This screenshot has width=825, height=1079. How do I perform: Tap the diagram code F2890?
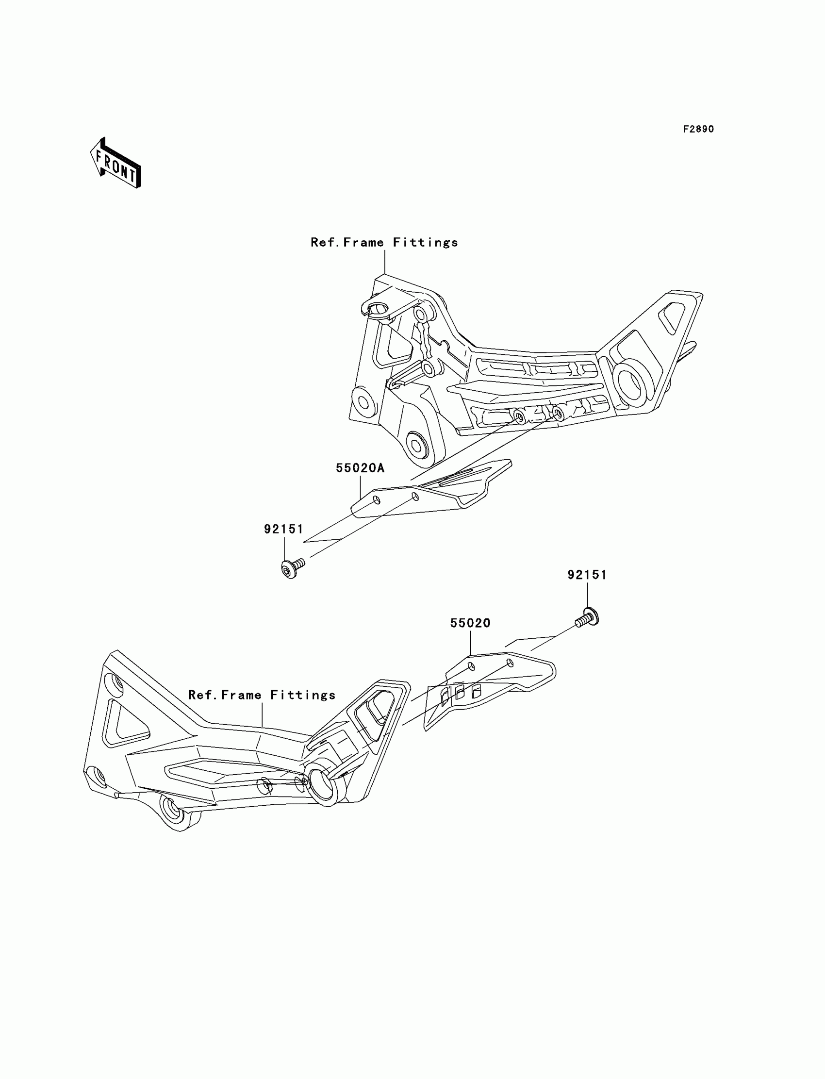(698, 129)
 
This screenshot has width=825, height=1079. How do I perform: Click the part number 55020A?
(360, 468)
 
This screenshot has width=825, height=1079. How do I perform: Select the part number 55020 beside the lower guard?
(470, 623)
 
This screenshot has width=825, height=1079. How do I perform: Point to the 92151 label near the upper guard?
(284, 529)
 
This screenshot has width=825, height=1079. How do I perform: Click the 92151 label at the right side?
(587, 575)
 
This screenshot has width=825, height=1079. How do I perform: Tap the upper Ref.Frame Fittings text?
(384, 242)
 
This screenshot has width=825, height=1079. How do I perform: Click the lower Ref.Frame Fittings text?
(262, 695)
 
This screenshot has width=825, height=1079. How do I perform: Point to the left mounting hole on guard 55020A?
(377, 500)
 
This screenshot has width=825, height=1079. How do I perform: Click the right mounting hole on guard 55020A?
(415, 497)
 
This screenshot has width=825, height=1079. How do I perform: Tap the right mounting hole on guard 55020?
(510, 664)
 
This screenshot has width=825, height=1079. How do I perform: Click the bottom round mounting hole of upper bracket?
(418, 446)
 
